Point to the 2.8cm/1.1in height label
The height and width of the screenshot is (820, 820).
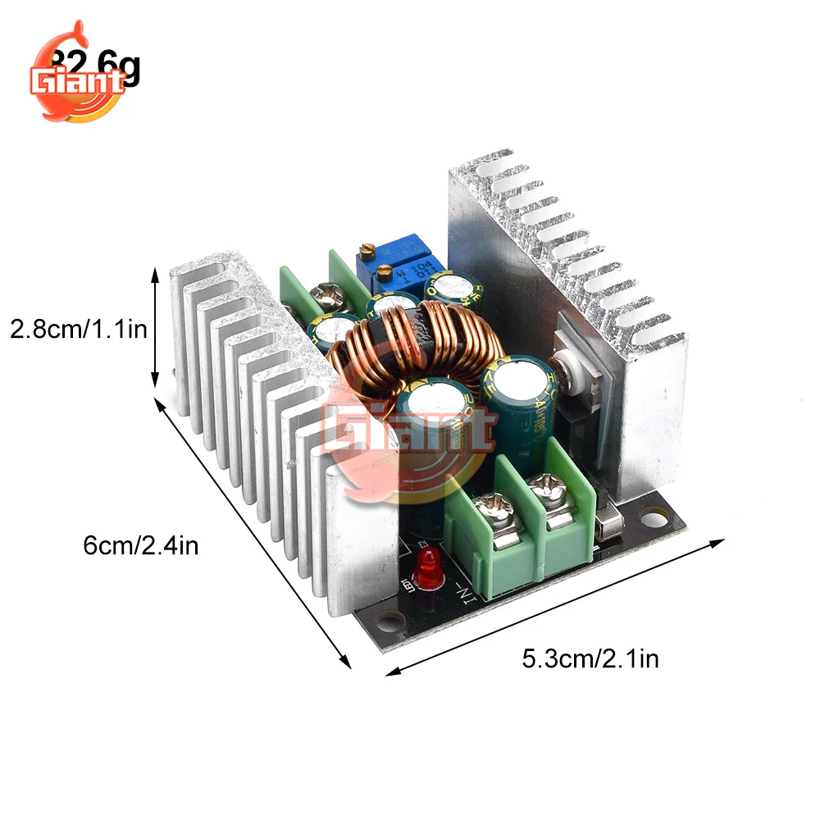(77, 330)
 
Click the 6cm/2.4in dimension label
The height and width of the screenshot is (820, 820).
(141, 545)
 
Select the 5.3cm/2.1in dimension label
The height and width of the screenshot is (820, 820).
(590, 658)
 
